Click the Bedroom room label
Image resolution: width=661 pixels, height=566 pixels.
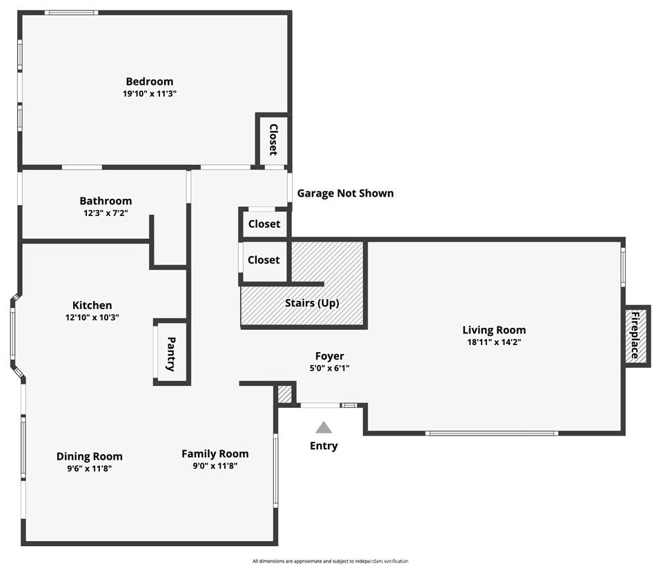[x=149, y=81]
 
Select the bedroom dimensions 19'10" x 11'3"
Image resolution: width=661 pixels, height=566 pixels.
[x=149, y=94]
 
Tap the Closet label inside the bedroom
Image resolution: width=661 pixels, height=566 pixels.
[x=273, y=139]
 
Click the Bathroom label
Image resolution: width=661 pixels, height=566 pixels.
[x=106, y=201]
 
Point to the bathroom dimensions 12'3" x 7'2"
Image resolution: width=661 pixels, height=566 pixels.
[x=106, y=213]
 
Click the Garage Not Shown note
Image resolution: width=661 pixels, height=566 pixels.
[x=345, y=193]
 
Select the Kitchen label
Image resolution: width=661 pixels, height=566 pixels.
[x=92, y=305]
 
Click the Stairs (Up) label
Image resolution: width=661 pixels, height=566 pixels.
[x=312, y=303]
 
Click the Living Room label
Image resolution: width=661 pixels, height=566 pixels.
[x=494, y=330]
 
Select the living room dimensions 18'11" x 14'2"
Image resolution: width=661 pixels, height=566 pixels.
[x=494, y=342]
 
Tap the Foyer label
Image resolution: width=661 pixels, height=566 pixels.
[x=329, y=356]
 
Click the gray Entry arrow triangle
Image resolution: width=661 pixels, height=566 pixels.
[x=324, y=428]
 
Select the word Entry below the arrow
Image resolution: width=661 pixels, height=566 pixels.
[x=324, y=446]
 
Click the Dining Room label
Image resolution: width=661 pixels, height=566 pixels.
[x=89, y=456]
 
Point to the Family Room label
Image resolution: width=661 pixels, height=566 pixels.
[x=215, y=453]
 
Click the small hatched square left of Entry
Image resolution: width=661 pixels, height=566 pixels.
[x=284, y=395]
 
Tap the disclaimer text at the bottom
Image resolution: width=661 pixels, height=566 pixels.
[x=330, y=561]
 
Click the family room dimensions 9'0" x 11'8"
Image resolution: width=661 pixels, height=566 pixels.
[x=215, y=465]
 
